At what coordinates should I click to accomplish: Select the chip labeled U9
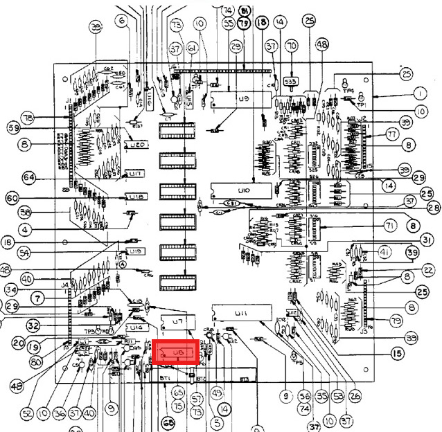(x=240, y=100)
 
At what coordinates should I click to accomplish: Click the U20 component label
(x=136, y=146)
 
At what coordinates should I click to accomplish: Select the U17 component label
(x=136, y=172)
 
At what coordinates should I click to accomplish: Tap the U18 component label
(x=136, y=197)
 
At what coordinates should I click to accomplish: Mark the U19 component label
(x=135, y=251)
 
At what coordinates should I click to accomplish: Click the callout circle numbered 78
(x=28, y=117)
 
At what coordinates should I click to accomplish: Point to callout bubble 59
(x=12, y=127)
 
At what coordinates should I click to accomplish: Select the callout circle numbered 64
(x=28, y=177)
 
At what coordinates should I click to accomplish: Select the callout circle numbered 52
(x=26, y=413)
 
